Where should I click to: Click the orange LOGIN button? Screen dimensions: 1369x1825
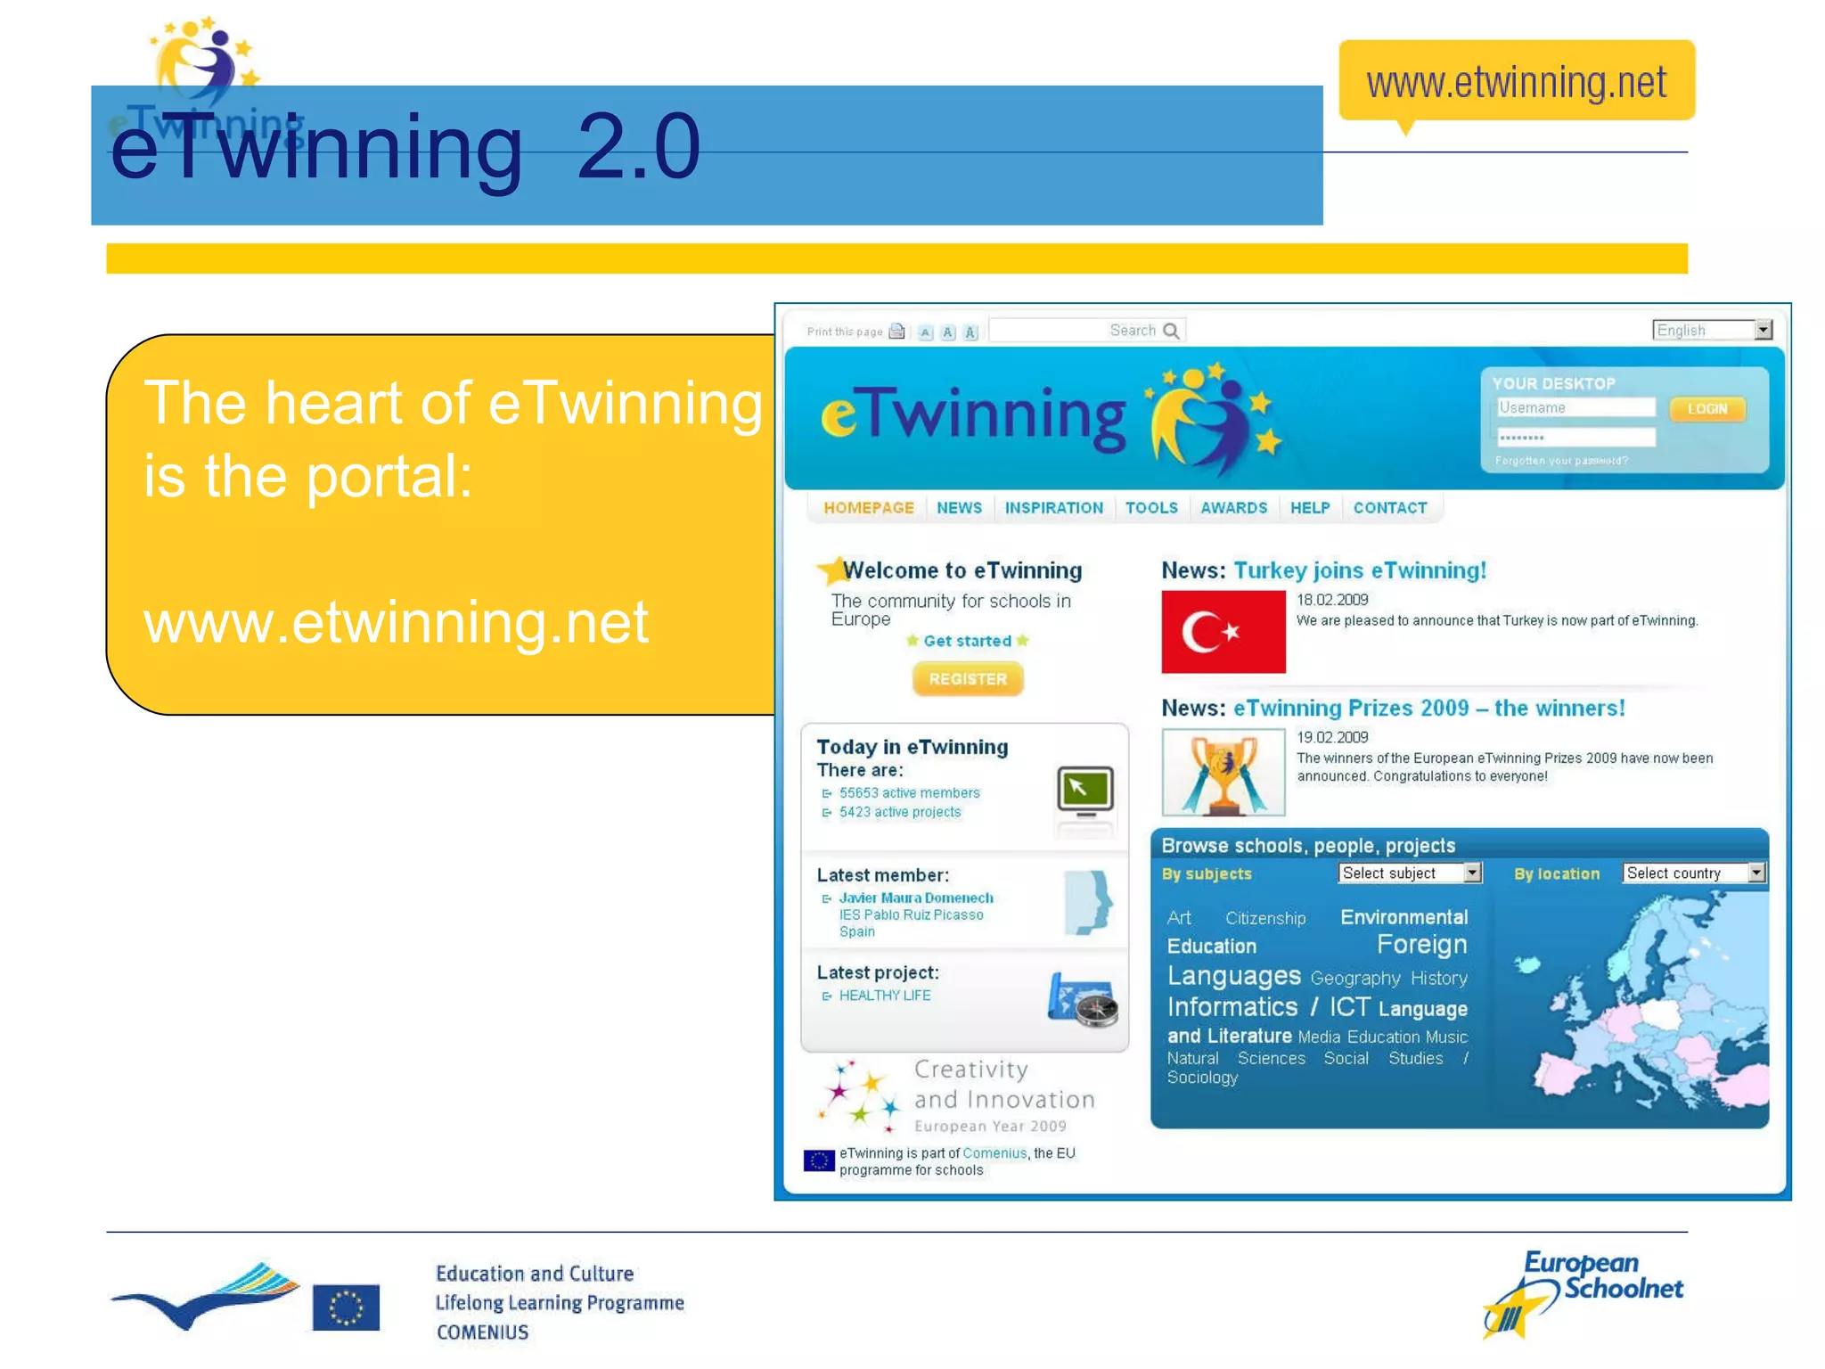point(1706,409)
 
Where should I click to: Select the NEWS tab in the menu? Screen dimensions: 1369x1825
point(959,508)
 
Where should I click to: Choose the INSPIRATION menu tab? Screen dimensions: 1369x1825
point(1053,508)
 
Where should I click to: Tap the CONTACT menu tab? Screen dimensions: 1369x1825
point(1389,508)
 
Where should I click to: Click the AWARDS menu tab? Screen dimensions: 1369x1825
point(1233,508)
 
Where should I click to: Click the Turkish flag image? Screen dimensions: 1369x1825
point(1223,632)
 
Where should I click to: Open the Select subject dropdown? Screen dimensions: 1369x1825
point(1409,873)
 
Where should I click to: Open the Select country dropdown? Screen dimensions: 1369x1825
point(1693,873)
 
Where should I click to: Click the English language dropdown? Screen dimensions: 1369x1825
point(1712,331)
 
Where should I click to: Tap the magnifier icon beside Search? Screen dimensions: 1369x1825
point(1172,332)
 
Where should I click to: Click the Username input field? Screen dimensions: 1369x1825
point(1575,408)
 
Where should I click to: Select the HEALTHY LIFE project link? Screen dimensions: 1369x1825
point(884,996)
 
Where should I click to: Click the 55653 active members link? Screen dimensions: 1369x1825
point(909,793)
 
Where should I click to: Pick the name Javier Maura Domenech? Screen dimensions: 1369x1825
point(915,898)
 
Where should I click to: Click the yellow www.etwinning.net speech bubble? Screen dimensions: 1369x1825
point(1516,82)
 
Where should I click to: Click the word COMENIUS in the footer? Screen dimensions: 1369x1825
point(482,1332)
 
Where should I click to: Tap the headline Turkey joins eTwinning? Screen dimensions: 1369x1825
point(1359,571)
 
